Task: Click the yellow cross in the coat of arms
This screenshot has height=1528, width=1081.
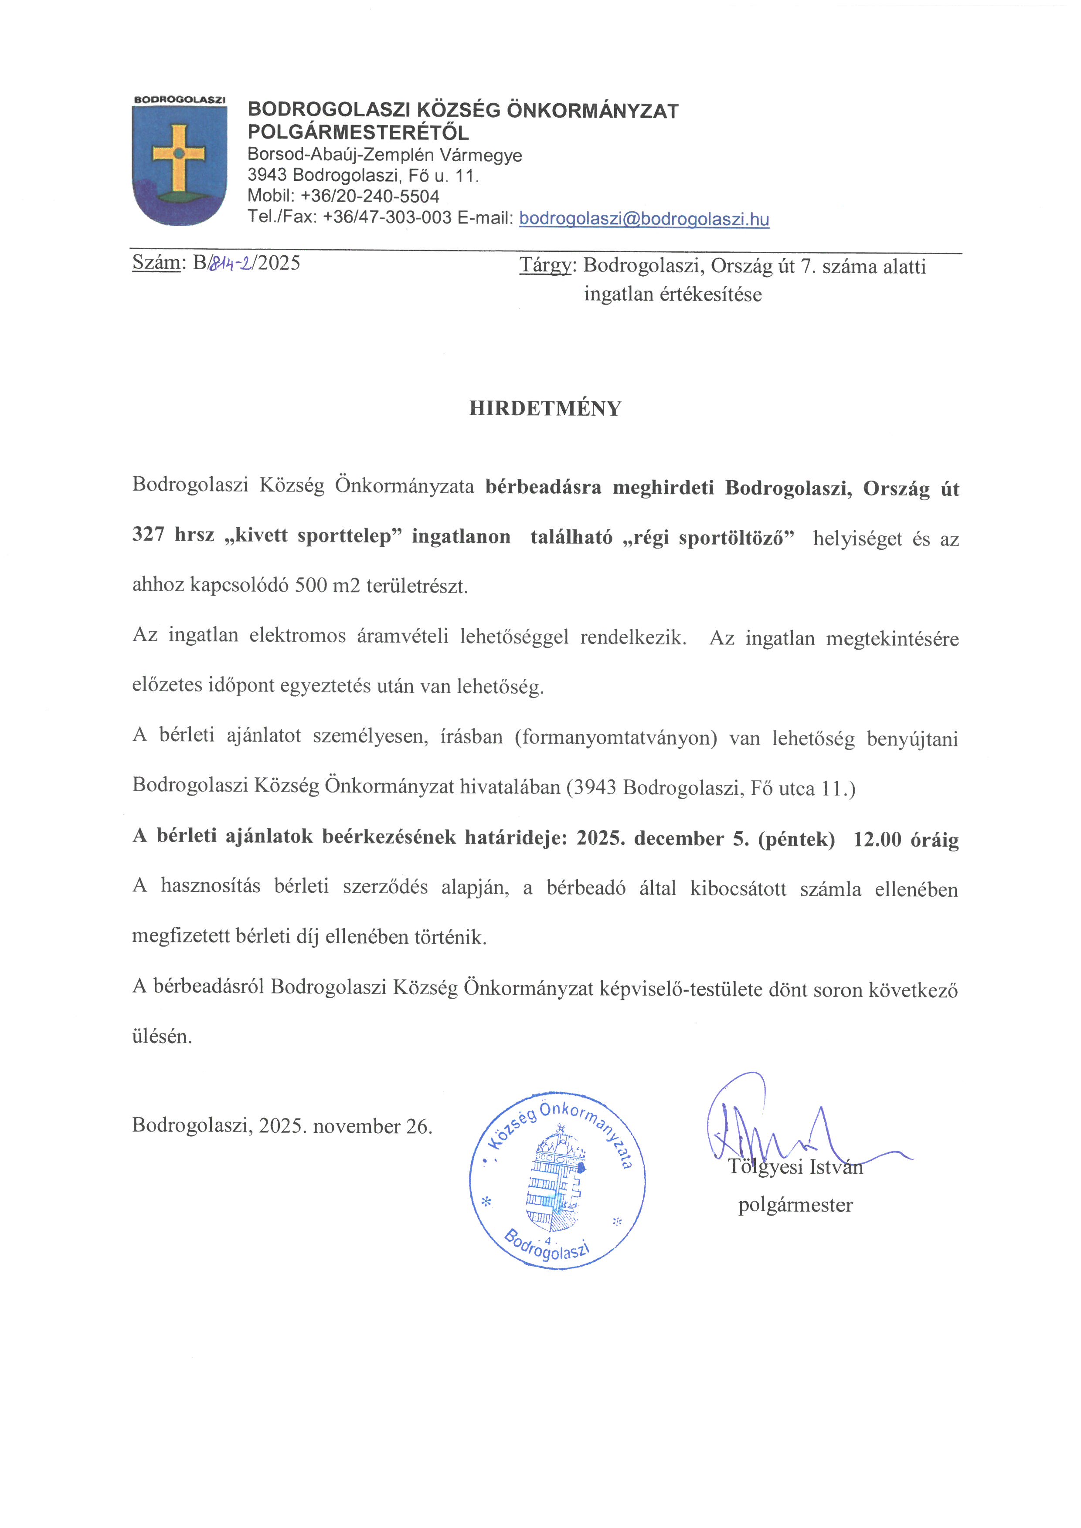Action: tap(178, 155)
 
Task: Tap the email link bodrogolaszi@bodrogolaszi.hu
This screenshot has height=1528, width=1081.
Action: tap(644, 219)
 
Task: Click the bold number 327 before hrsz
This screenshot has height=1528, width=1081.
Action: tap(148, 535)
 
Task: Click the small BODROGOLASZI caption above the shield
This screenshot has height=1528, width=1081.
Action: tap(179, 100)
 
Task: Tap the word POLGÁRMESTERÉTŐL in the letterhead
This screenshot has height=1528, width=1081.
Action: tap(358, 132)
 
